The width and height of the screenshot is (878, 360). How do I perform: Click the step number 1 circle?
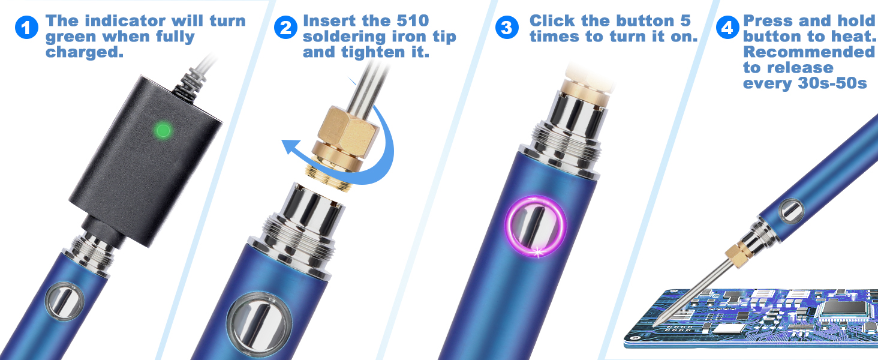click(x=28, y=28)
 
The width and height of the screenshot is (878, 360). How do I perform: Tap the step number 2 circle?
click(x=286, y=28)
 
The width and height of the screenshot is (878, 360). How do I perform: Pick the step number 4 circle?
click(x=727, y=28)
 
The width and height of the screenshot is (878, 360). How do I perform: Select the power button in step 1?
click(x=62, y=303)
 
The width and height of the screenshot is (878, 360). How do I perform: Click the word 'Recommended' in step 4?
click(x=809, y=52)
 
